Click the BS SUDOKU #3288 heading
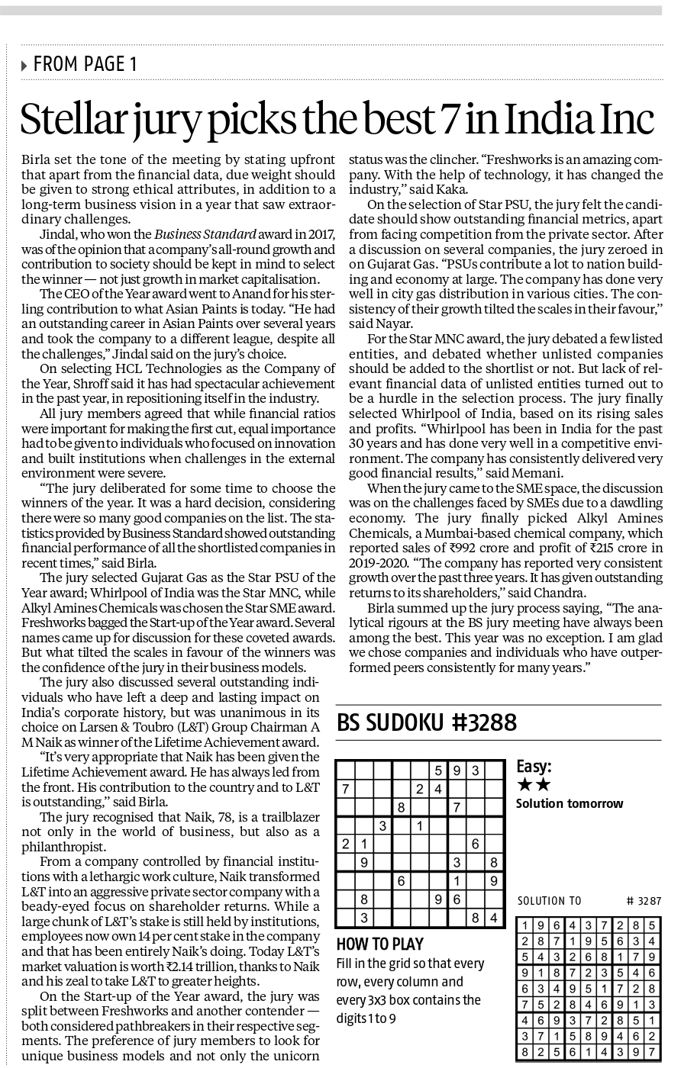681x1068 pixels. (x=427, y=722)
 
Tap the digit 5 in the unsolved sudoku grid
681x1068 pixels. (x=438, y=770)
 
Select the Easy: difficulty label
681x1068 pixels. (x=534, y=766)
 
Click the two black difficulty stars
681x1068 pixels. (x=534, y=785)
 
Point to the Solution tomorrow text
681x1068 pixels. (x=569, y=803)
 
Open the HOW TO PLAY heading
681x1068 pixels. (x=379, y=944)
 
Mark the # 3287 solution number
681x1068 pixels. (x=644, y=901)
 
